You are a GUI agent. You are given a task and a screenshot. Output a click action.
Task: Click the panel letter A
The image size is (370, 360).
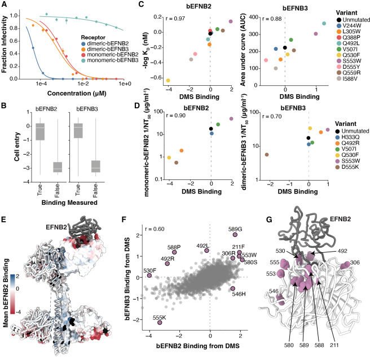5,5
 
